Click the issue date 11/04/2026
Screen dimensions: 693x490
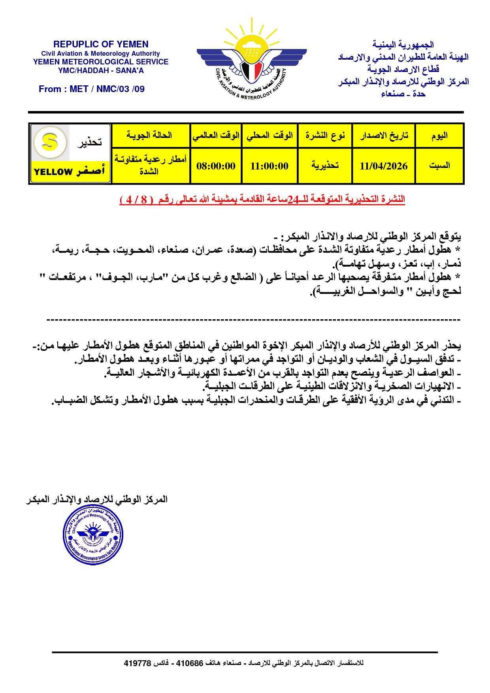[383, 166]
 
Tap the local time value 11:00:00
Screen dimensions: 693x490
[269, 166]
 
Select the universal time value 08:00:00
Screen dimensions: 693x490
[216, 166]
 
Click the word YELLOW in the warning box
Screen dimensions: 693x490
[53, 172]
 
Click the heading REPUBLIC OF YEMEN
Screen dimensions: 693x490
[101, 44]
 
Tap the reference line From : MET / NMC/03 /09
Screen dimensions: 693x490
[92, 89]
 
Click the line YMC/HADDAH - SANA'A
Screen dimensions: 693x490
[101, 70]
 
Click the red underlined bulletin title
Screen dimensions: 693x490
[262, 200]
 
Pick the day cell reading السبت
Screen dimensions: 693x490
[439, 166]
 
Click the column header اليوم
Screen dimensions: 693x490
[439, 136]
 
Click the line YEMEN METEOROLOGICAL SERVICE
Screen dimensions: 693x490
[101, 62]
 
